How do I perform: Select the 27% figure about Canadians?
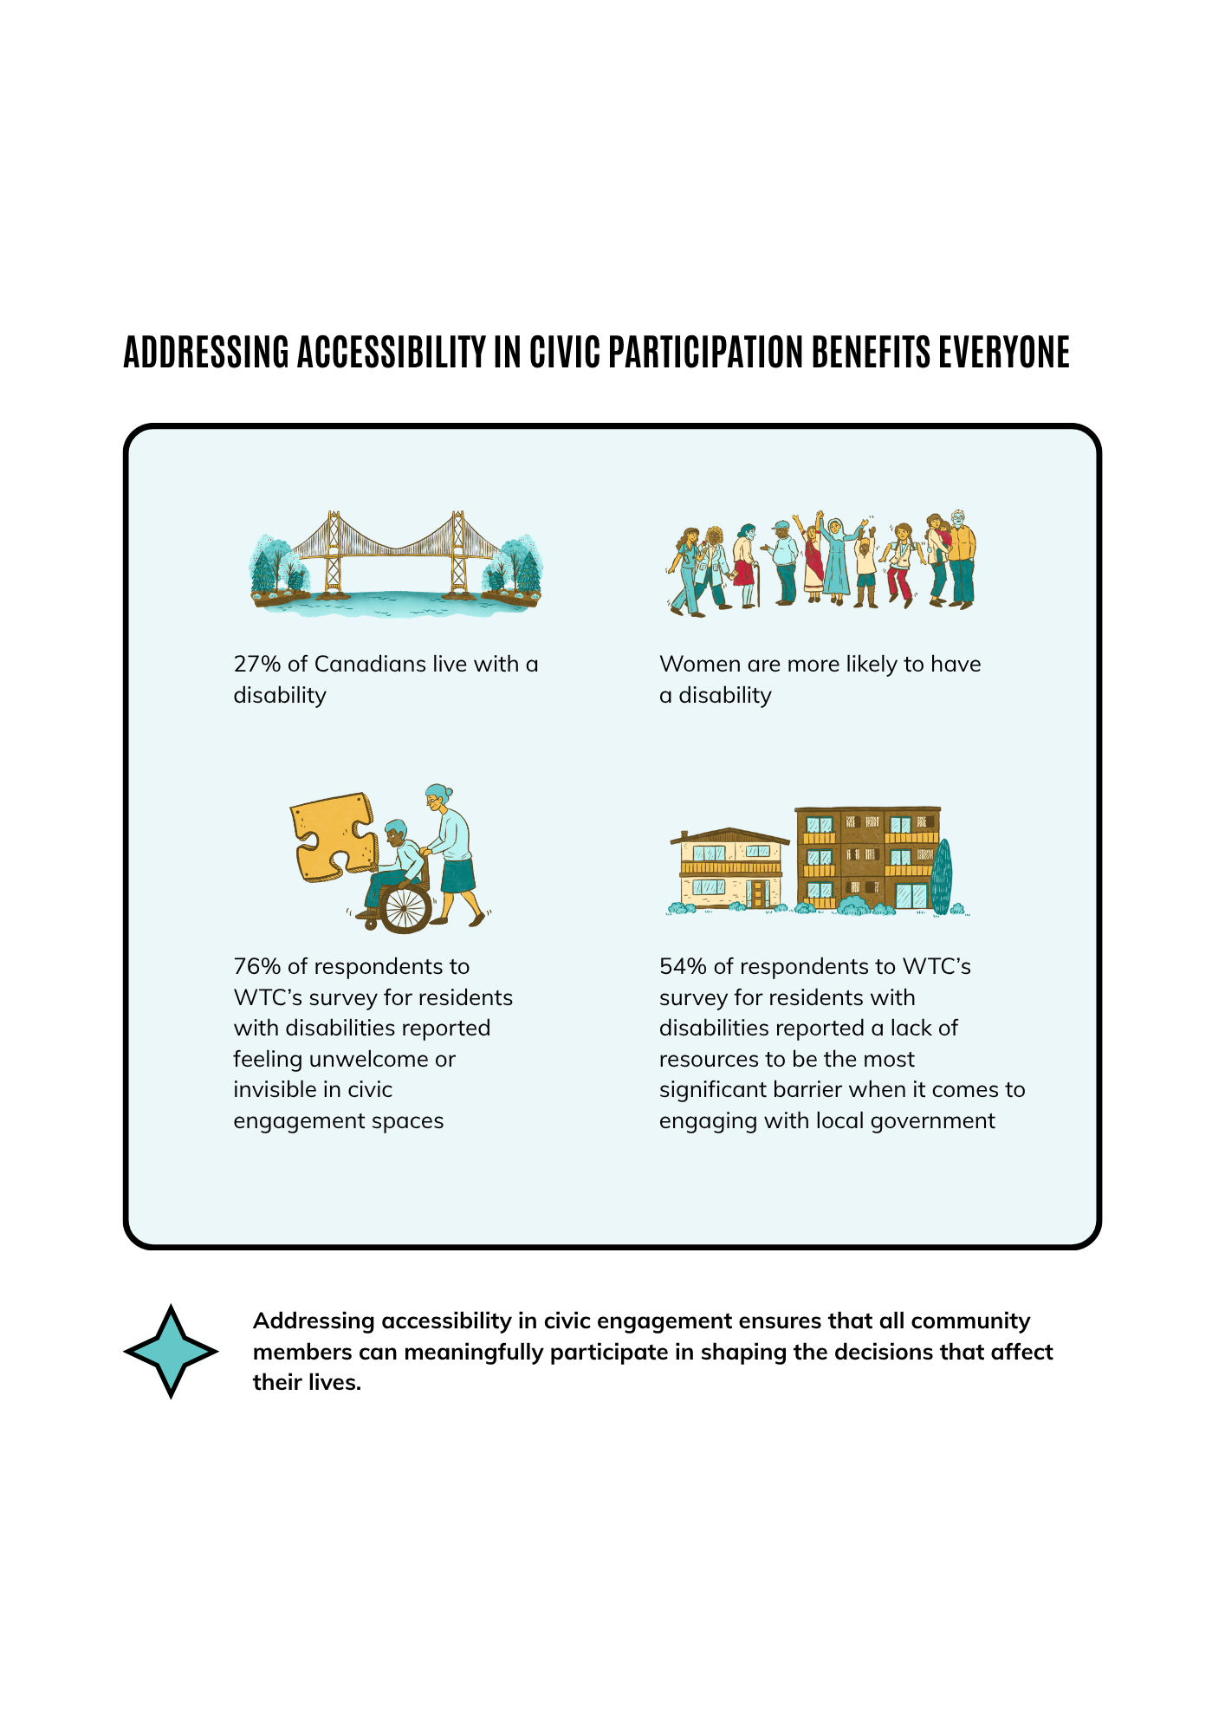pyautogui.click(x=257, y=665)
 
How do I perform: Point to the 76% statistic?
pyautogui.click(x=257, y=967)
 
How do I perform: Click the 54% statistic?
pyautogui.click(x=683, y=967)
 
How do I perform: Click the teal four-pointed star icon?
pyautogui.click(x=171, y=1351)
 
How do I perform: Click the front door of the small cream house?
pyautogui.click(x=758, y=894)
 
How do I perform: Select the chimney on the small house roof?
pyautogui.click(x=684, y=835)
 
